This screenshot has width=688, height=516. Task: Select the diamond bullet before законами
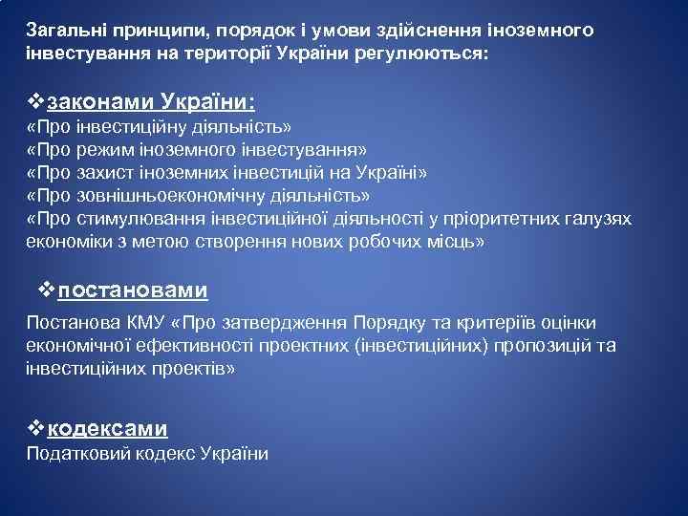click(x=36, y=100)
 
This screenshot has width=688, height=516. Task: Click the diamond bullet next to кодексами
click(x=36, y=428)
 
